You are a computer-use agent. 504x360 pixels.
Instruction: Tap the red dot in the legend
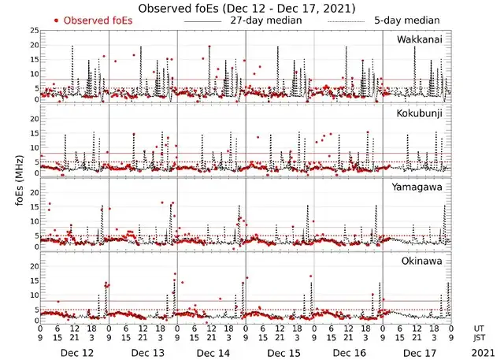pyautogui.click(x=56, y=20)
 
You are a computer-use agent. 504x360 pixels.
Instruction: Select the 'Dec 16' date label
pyautogui.click(x=348, y=353)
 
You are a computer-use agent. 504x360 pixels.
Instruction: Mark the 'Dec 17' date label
pyautogui.click(x=417, y=353)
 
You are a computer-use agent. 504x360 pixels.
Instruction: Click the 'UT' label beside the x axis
pyautogui.click(x=479, y=328)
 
